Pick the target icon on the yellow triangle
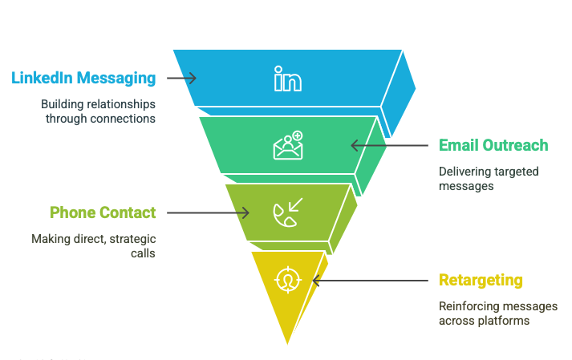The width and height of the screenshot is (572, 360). coord(286,280)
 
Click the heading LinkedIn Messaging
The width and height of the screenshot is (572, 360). coord(83,78)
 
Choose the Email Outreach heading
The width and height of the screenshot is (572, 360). coord(493,145)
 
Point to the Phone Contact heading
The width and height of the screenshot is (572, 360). coord(103,212)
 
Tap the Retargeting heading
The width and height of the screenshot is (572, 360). coord(481,280)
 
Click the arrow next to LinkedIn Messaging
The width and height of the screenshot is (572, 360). coord(181,78)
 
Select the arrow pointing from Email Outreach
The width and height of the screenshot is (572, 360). coord(390,145)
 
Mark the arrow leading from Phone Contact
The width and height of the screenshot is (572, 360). coord(209,212)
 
